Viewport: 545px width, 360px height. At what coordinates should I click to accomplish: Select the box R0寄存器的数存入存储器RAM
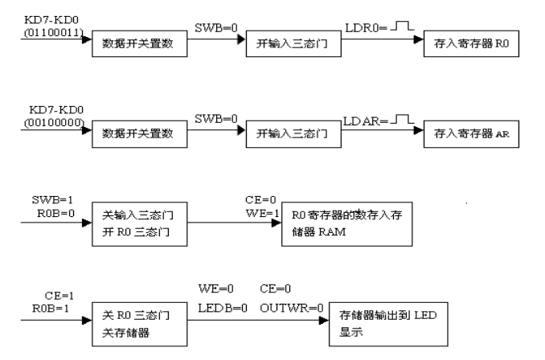346,227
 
